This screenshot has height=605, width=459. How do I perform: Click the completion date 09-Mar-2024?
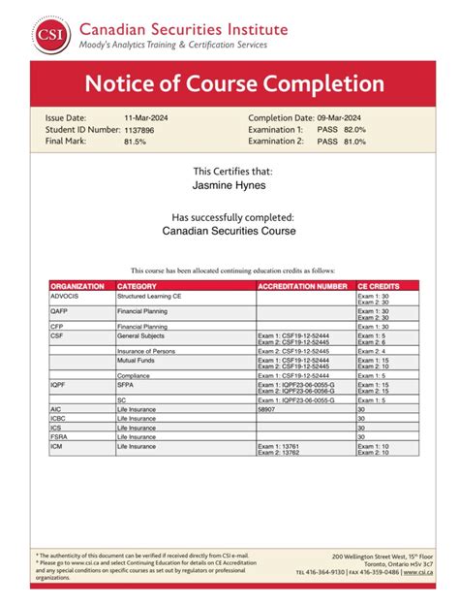click(x=345, y=117)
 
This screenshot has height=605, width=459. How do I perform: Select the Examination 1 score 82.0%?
click(x=354, y=129)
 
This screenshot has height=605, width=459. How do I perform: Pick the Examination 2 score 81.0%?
click(x=354, y=141)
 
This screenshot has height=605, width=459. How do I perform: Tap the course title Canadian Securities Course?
click(x=229, y=232)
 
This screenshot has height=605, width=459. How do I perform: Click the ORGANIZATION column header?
click(x=77, y=287)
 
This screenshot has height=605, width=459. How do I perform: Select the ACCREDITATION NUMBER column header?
click(x=302, y=287)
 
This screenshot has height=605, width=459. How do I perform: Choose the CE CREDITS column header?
click(x=378, y=287)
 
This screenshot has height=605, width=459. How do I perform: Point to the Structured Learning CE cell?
click(x=152, y=296)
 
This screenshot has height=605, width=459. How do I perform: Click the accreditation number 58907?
click(x=267, y=410)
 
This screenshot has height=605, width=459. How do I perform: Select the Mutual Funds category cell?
click(x=137, y=360)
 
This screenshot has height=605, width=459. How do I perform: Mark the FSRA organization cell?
click(x=60, y=436)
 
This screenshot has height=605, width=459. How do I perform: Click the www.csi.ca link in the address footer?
click(x=418, y=572)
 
